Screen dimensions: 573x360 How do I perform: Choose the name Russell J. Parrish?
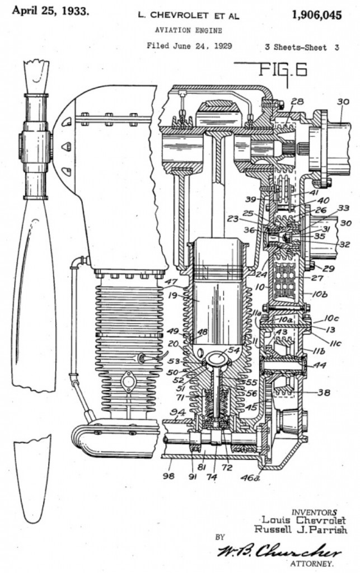(x=300, y=529)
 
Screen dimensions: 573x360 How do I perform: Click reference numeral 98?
(x=168, y=476)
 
